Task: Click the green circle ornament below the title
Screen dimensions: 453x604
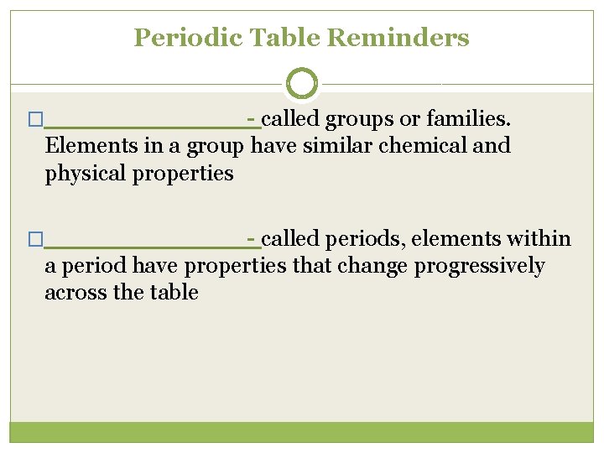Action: point(302,83)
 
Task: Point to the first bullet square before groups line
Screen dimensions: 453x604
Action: point(34,121)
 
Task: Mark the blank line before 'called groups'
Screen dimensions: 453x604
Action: point(147,126)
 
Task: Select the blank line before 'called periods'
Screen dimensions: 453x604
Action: point(147,246)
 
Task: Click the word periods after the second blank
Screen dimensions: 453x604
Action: point(357,240)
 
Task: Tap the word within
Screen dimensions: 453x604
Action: point(540,239)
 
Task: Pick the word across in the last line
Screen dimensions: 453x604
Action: point(73,293)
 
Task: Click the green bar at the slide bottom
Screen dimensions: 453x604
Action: point(302,432)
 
